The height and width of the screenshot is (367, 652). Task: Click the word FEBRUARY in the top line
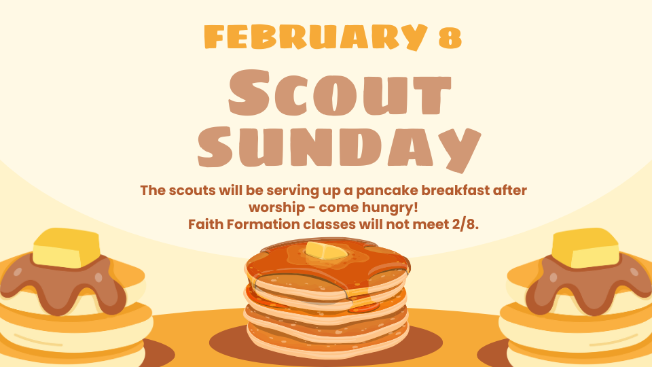316,37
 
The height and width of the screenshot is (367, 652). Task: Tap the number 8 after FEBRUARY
450,38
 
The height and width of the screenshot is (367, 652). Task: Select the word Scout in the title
340,92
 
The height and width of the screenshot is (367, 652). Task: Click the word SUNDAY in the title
340,147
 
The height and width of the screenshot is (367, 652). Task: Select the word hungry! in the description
390,208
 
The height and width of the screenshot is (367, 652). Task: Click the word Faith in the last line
203,224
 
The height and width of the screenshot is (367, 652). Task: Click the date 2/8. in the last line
464,225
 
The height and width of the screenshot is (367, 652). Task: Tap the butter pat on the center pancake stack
325,251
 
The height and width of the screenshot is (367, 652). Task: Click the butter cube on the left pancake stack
67,247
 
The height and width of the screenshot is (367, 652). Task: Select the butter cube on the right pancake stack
585,247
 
